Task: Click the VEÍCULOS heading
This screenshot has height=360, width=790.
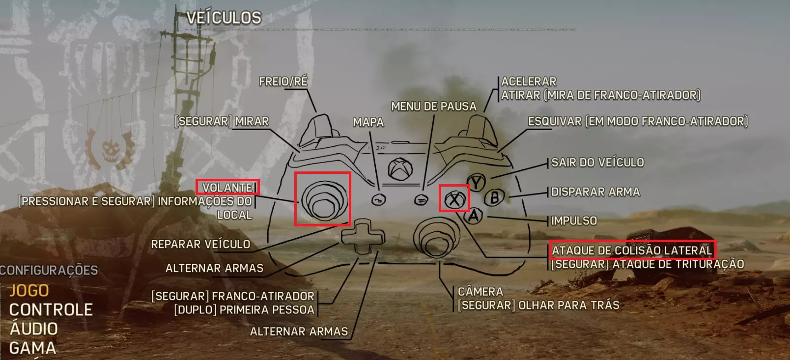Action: (x=224, y=18)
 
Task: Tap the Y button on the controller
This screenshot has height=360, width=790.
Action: (x=477, y=182)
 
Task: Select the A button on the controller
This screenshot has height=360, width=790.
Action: (x=474, y=216)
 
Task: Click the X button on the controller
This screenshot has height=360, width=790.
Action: (x=454, y=199)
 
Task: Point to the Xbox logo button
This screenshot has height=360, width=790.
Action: (x=400, y=169)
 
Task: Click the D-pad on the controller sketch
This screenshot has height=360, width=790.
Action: (x=363, y=236)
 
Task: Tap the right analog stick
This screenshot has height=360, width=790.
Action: (x=437, y=237)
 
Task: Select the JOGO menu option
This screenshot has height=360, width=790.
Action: (x=29, y=291)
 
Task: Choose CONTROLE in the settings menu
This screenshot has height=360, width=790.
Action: (x=51, y=309)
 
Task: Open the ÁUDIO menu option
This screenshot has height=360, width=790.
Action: (x=34, y=328)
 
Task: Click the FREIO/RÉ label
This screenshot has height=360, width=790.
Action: (x=283, y=82)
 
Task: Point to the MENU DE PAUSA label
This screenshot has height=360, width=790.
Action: (x=433, y=106)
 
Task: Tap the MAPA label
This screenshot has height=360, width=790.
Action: (x=368, y=122)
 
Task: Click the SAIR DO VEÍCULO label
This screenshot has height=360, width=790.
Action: (x=597, y=162)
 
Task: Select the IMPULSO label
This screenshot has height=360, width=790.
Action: (x=574, y=221)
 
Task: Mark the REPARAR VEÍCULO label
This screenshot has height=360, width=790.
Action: (x=200, y=244)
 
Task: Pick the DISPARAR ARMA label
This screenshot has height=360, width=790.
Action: (x=595, y=192)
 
